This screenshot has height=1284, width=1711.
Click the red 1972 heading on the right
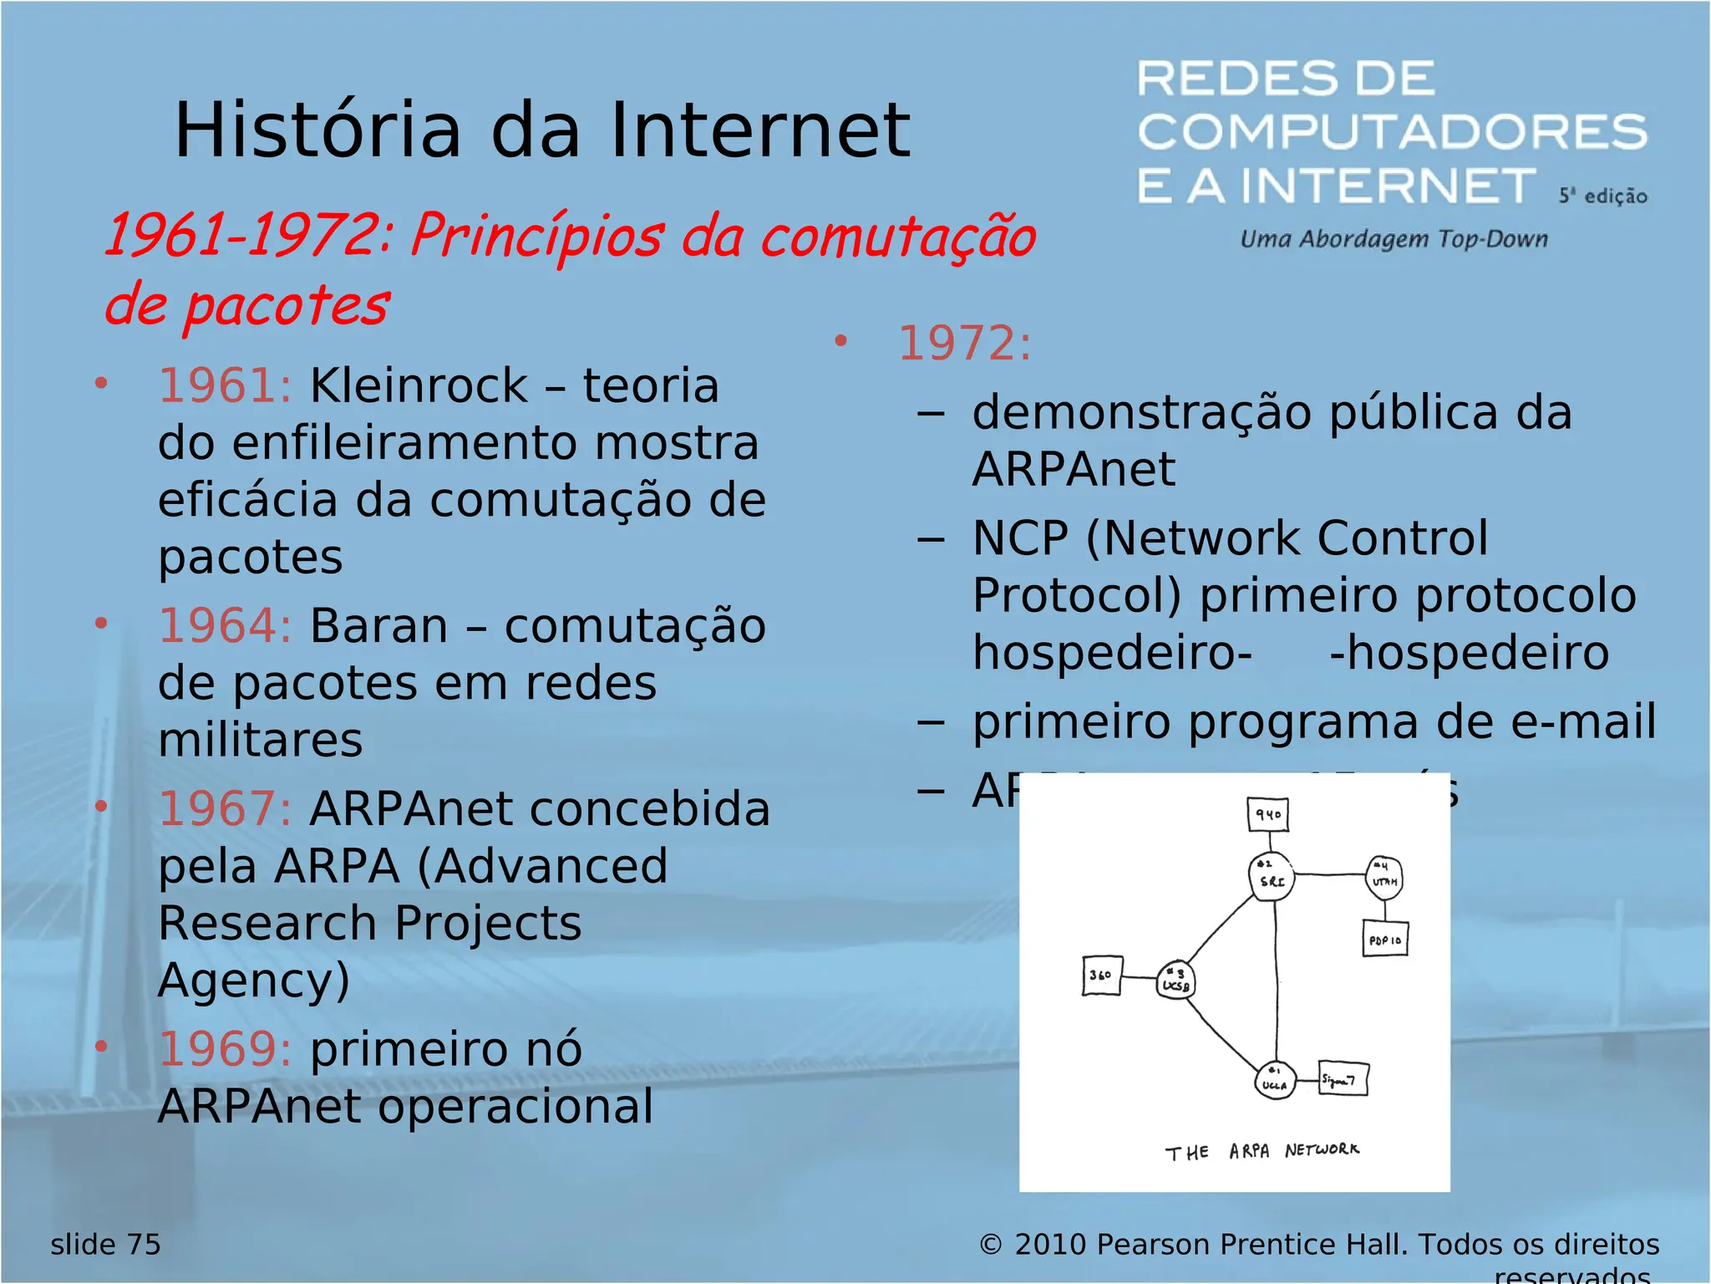coord(964,344)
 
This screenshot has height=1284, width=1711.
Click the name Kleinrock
coord(419,386)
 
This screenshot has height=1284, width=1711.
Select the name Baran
coord(378,626)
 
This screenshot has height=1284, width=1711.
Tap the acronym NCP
coord(1020,538)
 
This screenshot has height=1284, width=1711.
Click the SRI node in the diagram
coord(1272,877)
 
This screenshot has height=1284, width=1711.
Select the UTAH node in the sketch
coord(1384,879)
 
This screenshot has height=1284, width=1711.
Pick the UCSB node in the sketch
coord(1175,981)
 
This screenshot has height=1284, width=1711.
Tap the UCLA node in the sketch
coord(1275,1080)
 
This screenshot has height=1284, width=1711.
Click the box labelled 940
coord(1268,814)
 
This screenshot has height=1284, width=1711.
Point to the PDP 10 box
coord(1384,940)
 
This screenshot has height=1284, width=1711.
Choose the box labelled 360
coord(1101,976)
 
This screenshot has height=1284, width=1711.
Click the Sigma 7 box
coord(1343,1079)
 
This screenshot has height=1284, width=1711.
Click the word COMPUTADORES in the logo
coord(1392,132)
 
